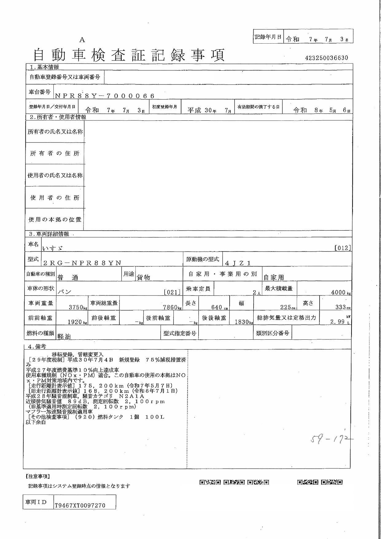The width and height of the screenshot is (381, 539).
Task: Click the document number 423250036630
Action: coord(327,58)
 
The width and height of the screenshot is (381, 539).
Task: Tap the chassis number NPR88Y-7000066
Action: coord(104,96)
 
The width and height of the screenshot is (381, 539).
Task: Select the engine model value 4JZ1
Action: coord(238,263)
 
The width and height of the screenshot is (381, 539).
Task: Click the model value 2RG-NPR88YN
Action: coord(82,263)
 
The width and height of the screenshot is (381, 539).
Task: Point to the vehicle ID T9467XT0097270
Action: coord(80,505)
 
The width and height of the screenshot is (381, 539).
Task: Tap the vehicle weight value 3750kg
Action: coord(78,307)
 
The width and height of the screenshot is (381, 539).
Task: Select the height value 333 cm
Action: coord(343,307)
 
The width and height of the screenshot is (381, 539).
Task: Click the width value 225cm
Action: coord(289,307)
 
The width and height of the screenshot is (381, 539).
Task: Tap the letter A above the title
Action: coord(82,40)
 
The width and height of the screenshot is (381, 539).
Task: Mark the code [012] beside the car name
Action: coord(343,248)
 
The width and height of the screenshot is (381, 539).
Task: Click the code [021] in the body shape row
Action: coord(172,292)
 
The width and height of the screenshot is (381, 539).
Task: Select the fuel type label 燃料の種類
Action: coord(41,333)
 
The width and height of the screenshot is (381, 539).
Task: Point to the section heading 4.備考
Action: coord(37,346)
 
